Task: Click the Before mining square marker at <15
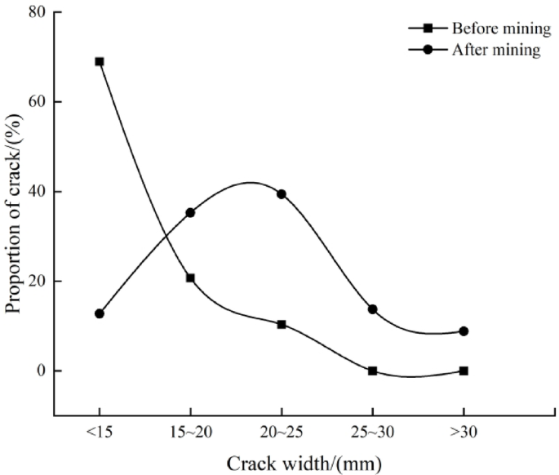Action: click(x=100, y=61)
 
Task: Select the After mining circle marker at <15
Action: click(x=100, y=313)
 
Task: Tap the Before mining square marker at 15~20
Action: click(x=190, y=277)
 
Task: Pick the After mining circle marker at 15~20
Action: click(x=190, y=212)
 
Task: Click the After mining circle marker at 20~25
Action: click(x=282, y=194)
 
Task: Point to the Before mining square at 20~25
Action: click(x=282, y=324)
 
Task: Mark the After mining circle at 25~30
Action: click(x=373, y=309)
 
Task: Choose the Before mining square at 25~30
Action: click(x=373, y=371)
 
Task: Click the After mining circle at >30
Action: click(x=464, y=331)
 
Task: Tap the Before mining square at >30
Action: click(x=464, y=371)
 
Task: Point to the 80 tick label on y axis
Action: click(x=37, y=12)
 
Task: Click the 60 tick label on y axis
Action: click(x=37, y=102)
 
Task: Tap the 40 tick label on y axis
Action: click(x=37, y=192)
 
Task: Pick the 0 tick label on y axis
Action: click(x=41, y=371)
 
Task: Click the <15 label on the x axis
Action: click(x=100, y=432)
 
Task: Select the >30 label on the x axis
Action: click(x=464, y=432)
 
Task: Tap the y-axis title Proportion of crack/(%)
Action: click(x=14, y=214)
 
